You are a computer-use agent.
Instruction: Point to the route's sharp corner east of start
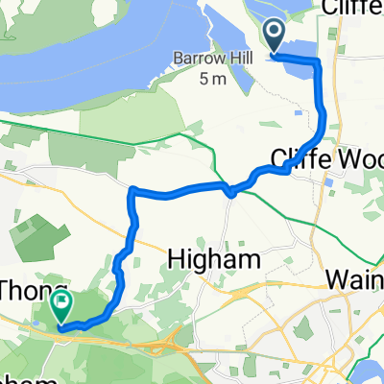point(317,60)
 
